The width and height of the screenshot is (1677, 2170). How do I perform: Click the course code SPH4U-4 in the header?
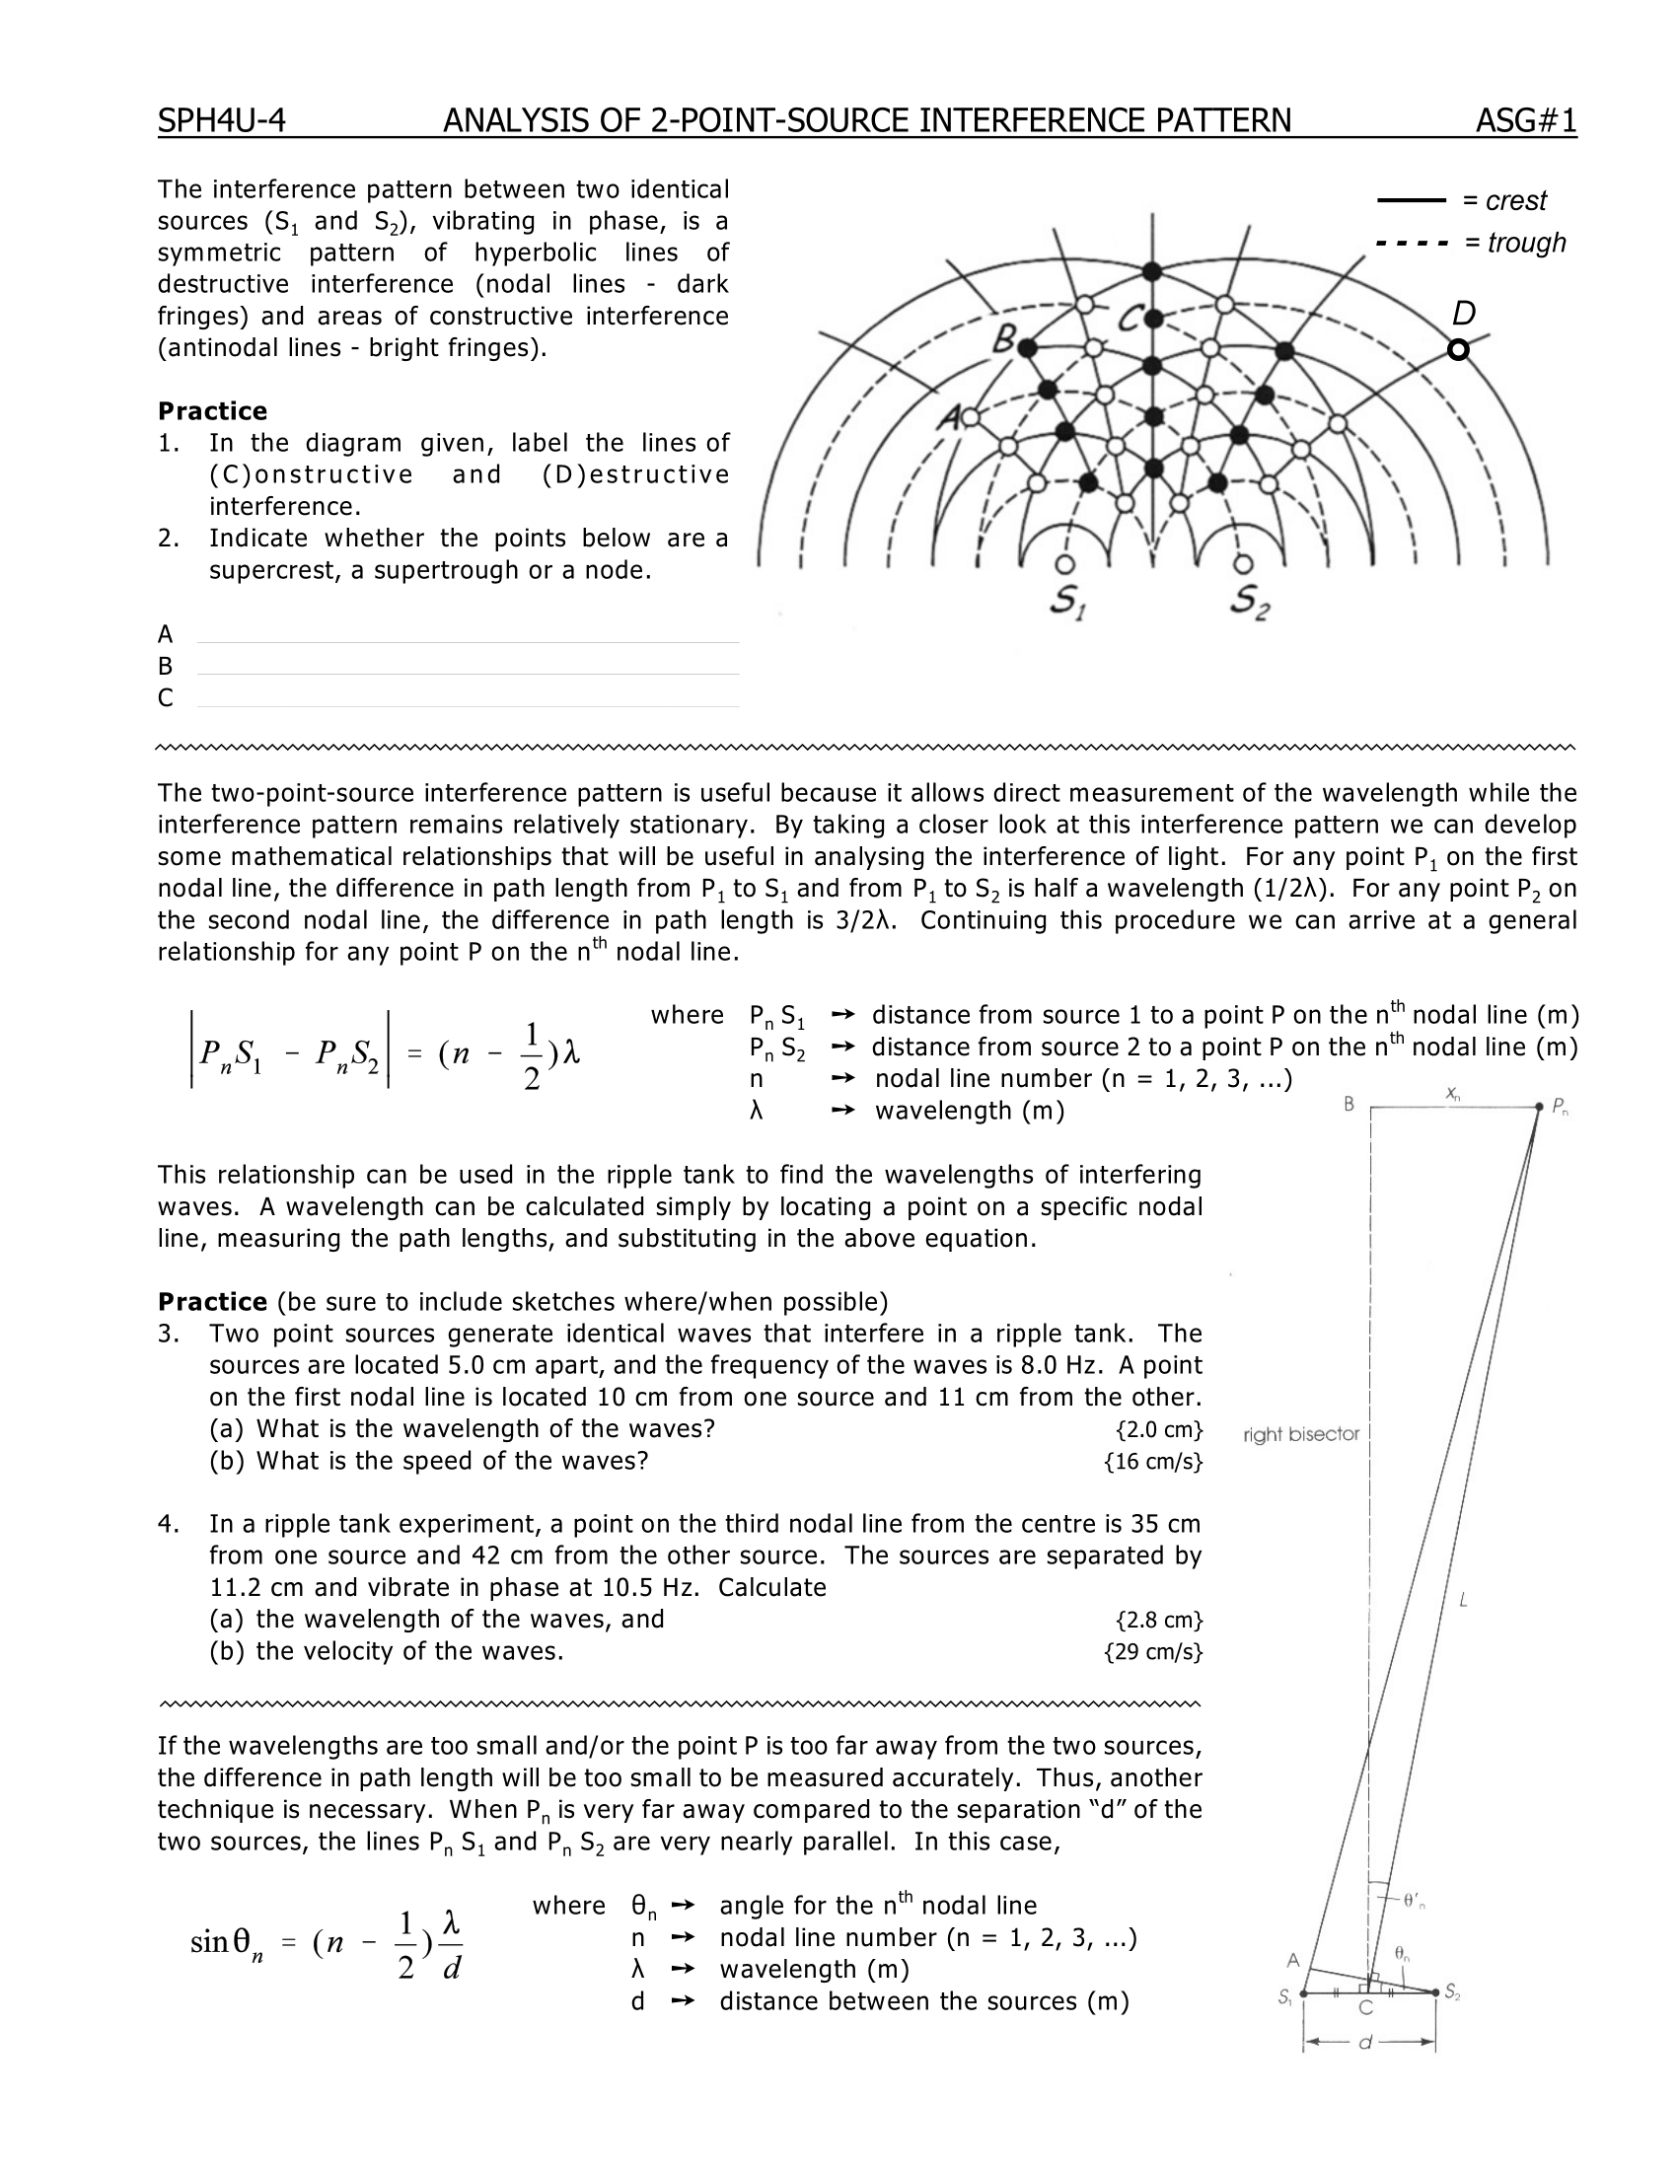tap(222, 121)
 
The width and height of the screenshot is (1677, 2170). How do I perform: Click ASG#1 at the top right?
tap(1526, 121)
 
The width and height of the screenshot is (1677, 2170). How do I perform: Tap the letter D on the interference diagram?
tap(1463, 314)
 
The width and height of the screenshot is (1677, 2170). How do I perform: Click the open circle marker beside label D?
tap(1457, 350)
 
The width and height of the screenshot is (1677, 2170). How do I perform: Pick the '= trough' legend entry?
tap(1514, 243)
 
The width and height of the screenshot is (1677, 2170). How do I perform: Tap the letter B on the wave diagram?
tap(1003, 343)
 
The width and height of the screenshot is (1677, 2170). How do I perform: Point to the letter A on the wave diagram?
tap(948, 419)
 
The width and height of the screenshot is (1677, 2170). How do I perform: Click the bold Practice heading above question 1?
tap(213, 411)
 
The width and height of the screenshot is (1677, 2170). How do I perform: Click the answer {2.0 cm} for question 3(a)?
tap(1159, 1430)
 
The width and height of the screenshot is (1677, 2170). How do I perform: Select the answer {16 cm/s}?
tap(1153, 1462)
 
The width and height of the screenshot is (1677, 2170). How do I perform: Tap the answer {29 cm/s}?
tap(1153, 1652)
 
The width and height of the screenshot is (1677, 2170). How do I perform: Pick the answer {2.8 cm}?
tap(1159, 1621)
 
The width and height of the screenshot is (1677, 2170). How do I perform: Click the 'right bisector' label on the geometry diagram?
tap(1300, 1435)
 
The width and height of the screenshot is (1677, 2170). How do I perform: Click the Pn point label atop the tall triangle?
tap(1560, 1107)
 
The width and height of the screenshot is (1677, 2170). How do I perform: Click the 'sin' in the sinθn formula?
tap(209, 1942)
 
